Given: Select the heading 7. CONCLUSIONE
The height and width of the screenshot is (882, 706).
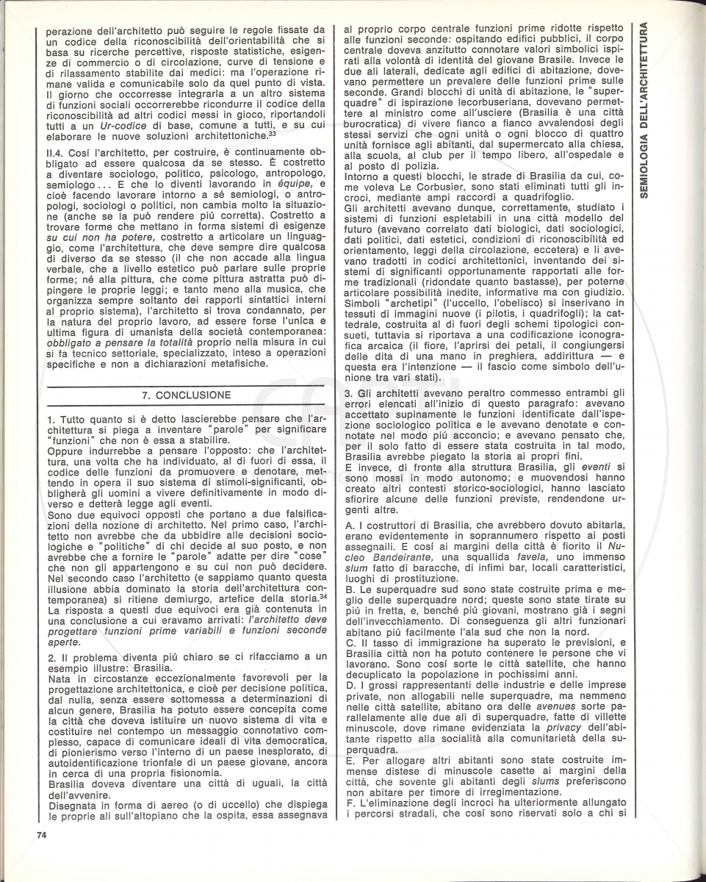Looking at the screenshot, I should (x=181, y=395).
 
